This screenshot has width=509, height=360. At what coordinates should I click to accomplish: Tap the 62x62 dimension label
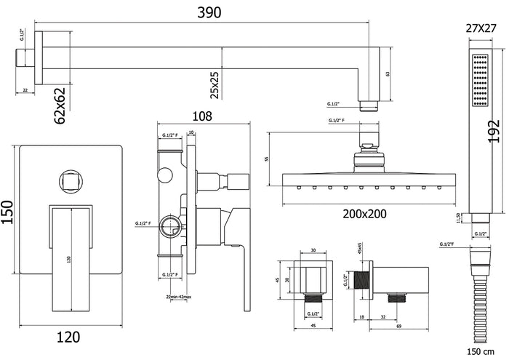click(x=61, y=105)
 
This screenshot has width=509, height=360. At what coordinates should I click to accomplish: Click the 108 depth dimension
click(x=204, y=114)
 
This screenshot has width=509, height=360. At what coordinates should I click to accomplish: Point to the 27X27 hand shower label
click(x=479, y=30)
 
